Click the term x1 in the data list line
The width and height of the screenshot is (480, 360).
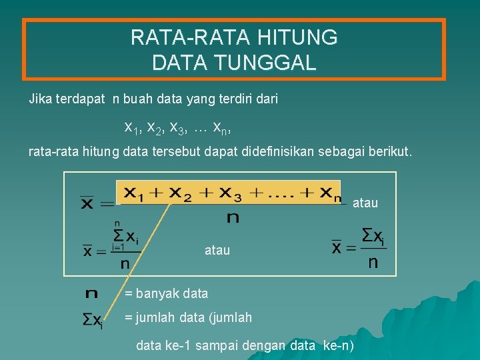tap(132, 127)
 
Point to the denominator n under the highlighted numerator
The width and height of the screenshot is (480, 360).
tap(233, 217)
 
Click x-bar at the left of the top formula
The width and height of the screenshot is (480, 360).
tap(87, 202)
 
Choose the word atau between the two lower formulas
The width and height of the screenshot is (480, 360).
tap(217, 251)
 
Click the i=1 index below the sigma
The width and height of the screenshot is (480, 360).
tap(118, 247)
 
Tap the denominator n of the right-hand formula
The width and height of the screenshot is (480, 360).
tap(373, 263)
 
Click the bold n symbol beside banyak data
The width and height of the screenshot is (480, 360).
tap(92, 293)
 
